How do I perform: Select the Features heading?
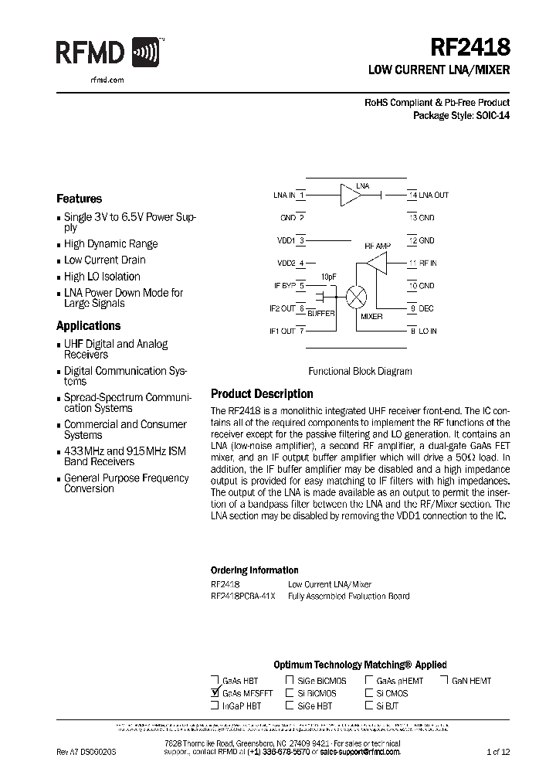click(79, 199)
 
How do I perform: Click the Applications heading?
click(88, 326)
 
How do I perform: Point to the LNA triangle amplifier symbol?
click(351, 195)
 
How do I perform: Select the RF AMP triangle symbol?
click(376, 263)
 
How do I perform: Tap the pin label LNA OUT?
click(433, 195)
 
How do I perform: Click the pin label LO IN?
click(428, 331)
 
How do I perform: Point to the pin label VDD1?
click(286, 241)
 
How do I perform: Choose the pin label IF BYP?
click(285, 286)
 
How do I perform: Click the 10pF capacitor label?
click(328, 277)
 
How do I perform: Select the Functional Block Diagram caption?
click(360, 371)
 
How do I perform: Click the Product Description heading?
click(262, 394)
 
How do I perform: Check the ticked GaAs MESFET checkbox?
click(215, 693)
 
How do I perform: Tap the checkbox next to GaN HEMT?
click(446, 681)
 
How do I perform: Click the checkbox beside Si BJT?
click(369, 705)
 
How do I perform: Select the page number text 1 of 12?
click(498, 751)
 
